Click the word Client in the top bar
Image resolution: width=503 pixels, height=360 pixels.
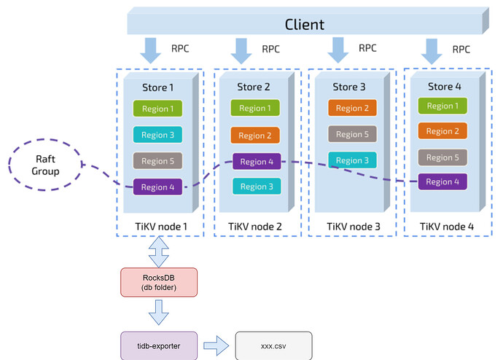pyautogui.click(x=304, y=24)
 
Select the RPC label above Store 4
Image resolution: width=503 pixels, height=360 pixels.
pyautogui.click(x=461, y=50)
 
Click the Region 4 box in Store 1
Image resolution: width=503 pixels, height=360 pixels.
pyautogui.click(x=157, y=187)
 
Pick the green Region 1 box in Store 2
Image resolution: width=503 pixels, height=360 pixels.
pyautogui.click(x=255, y=108)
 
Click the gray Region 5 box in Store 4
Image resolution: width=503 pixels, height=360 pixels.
pyautogui.click(x=442, y=157)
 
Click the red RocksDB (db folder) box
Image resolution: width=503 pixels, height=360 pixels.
pyautogui.click(x=157, y=282)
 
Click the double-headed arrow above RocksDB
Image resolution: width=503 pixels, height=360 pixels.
pyautogui.click(x=157, y=252)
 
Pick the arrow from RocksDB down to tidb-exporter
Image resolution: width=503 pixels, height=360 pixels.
pyautogui.click(x=157, y=314)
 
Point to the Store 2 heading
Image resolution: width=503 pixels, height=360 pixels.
pyautogui.click(x=254, y=87)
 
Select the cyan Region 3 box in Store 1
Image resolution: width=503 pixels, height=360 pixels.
pyautogui.click(x=157, y=135)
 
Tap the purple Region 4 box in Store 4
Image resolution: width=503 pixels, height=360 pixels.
pyautogui.click(x=442, y=182)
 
